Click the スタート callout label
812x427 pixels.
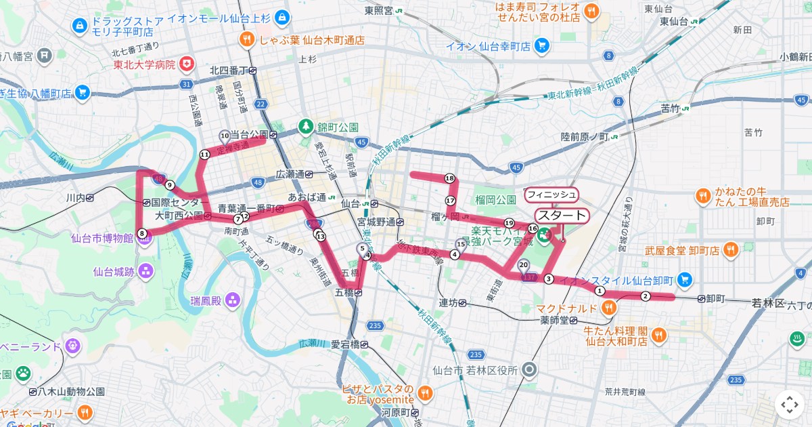[x=562, y=216]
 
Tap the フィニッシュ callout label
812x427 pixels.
[x=551, y=195]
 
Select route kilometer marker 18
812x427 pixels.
[x=449, y=178]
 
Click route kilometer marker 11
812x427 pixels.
[x=204, y=155]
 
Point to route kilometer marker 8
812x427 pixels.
[x=142, y=233]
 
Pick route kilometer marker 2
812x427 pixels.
[x=646, y=296]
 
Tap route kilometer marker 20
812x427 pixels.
[x=523, y=265]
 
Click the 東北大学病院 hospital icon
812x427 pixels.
[x=186, y=64]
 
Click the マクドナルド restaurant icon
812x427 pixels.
[x=609, y=308]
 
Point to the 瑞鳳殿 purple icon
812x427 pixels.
[x=233, y=299]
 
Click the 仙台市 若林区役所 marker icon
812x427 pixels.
[x=531, y=370]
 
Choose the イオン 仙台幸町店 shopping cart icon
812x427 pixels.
[x=541, y=46]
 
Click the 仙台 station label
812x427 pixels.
[x=350, y=203]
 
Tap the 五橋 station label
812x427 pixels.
[x=344, y=293]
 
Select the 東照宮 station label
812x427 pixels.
[x=379, y=10]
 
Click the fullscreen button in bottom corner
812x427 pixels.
[x=790, y=405]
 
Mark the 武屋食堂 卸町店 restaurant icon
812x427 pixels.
[x=730, y=251]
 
